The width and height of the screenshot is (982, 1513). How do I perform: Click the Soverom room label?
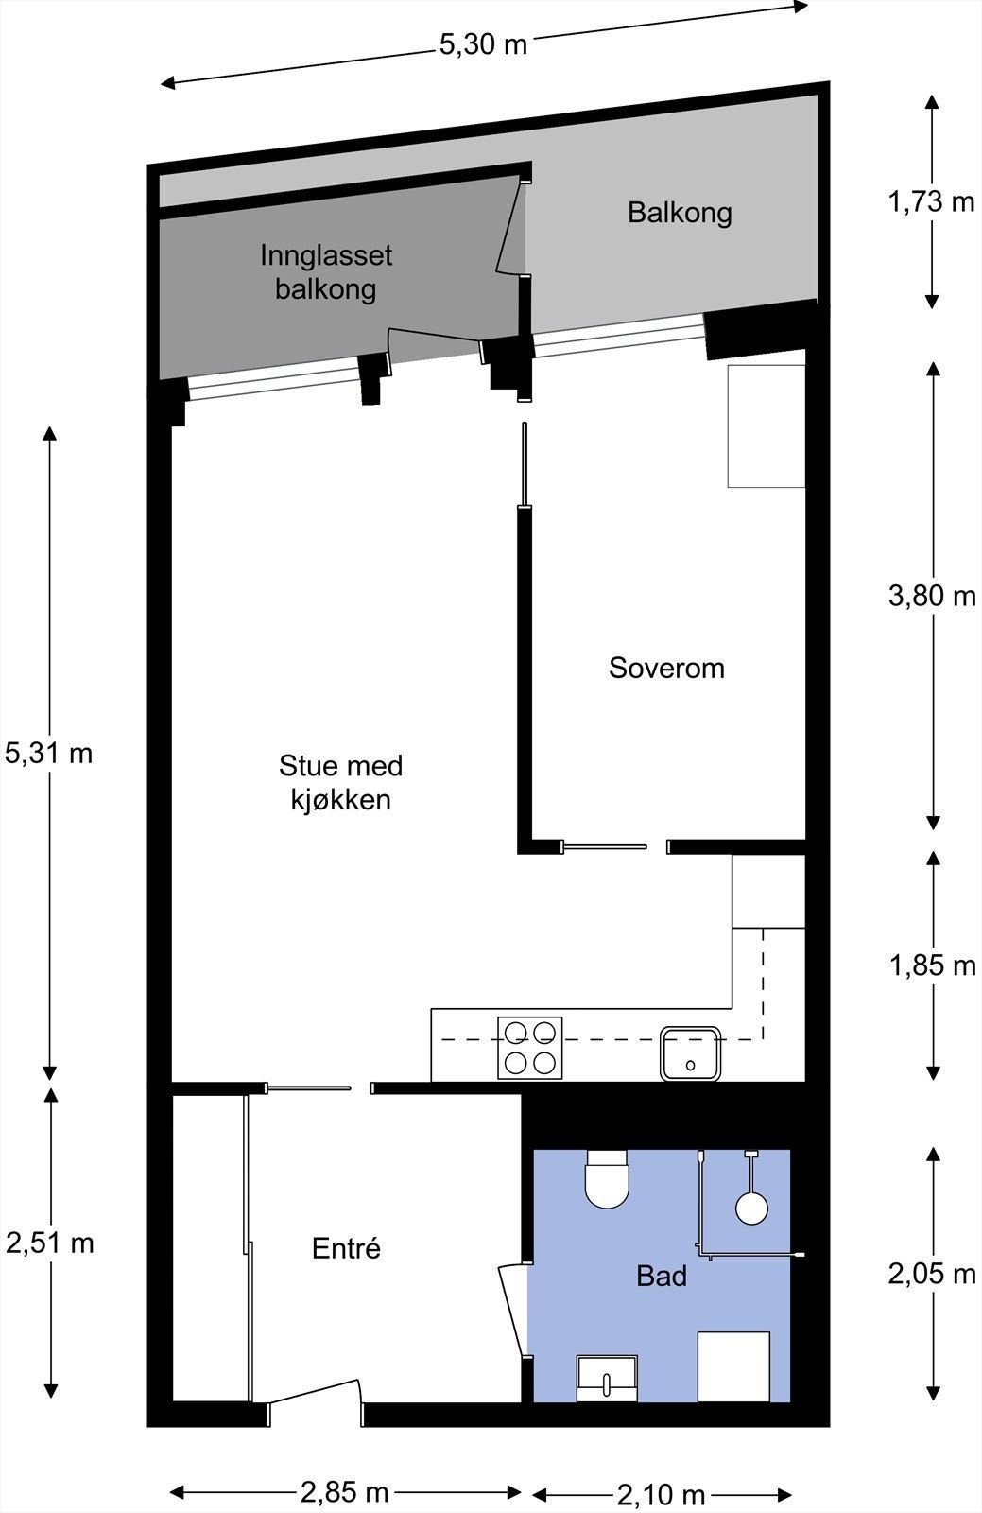click(x=667, y=668)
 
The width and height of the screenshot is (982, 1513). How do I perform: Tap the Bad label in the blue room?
click(x=662, y=1276)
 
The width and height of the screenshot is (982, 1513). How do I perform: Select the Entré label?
click(x=346, y=1248)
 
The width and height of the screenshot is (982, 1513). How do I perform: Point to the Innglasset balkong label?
click(x=326, y=272)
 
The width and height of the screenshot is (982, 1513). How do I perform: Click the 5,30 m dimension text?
click(x=483, y=44)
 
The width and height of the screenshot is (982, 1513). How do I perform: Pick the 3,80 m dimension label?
click(x=932, y=596)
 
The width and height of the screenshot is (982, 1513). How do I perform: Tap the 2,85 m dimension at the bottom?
click(x=345, y=1492)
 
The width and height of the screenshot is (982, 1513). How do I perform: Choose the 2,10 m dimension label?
click(x=662, y=1495)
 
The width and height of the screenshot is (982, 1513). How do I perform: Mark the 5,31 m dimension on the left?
click(x=48, y=753)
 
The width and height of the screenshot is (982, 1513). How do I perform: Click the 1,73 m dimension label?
click(x=932, y=201)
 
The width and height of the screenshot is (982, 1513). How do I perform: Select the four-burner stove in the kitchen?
click(x=530, y=1048)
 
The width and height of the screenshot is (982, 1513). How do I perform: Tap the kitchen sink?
click(x=691, y=1053)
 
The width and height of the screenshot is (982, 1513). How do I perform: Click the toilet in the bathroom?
click(x=608, y=1178)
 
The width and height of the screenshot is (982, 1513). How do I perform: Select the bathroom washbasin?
click(x=607, y=1378)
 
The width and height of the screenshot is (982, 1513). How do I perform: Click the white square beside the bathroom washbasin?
click(x=733, y=1366)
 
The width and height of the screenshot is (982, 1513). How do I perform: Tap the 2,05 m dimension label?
click(x=932, y=1274)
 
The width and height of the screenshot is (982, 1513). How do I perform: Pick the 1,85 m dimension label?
click(x=932, y=965)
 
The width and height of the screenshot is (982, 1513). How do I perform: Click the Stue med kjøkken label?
click(x=341, y=783)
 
